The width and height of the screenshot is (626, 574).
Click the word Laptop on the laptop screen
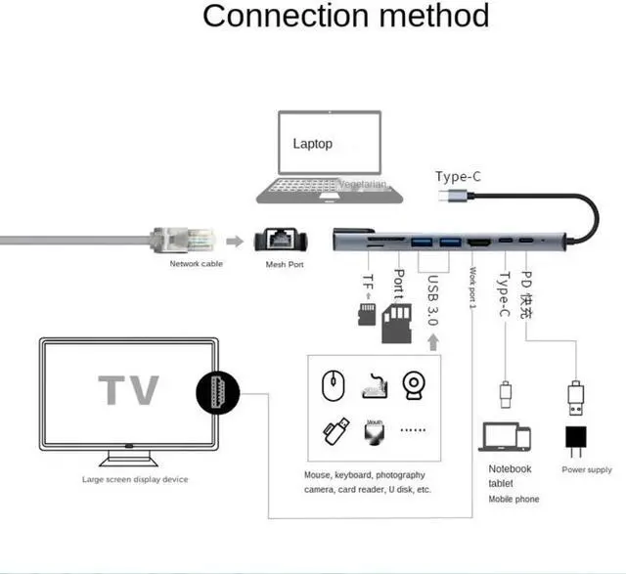(x=313, y=144)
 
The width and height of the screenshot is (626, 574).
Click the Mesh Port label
(x=285, y=264)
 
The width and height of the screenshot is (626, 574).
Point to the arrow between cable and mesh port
(x=235, y=241)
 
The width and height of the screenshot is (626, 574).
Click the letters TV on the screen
(x=128, y=389)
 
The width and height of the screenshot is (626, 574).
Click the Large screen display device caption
(x=135, y=479)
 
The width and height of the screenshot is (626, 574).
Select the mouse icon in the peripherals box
(x=334, y=385)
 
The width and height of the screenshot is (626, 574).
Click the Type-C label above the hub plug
(x=458, y=176)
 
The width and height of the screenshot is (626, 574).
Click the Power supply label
(x=587, y=470)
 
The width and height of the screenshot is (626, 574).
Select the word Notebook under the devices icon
(x=510, y=468)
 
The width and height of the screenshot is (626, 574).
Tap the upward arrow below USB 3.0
(x=431, y=341)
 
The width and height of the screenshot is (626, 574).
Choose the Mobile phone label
(x=514, y=499)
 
